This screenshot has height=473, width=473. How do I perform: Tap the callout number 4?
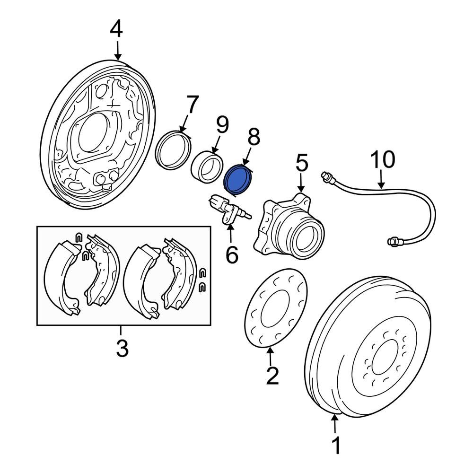pos(116,29)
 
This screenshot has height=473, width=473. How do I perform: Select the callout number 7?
pos(192,106)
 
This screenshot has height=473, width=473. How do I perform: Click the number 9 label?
pos(222,126)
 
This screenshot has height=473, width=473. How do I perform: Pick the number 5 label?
pos(302,163)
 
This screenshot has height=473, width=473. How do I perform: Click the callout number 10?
pos(382,160)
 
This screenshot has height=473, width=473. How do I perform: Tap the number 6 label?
pos(232,254)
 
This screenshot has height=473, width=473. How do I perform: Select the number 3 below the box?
pos(122,349)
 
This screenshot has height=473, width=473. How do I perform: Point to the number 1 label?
pos(336,446)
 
